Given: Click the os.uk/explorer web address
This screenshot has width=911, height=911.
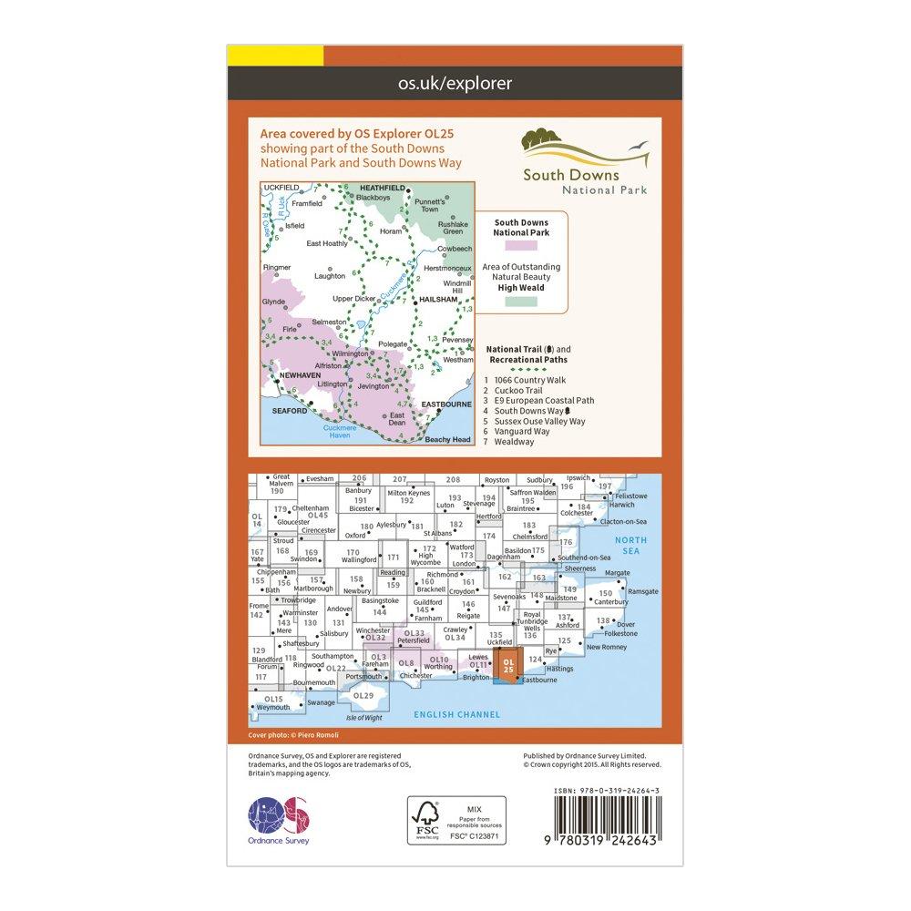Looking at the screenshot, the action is click(x=455, y=84).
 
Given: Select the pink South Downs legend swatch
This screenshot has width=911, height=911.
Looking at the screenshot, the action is click(x=529, y=245).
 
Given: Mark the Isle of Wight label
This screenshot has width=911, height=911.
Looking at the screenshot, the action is click(x=363, y=717).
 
